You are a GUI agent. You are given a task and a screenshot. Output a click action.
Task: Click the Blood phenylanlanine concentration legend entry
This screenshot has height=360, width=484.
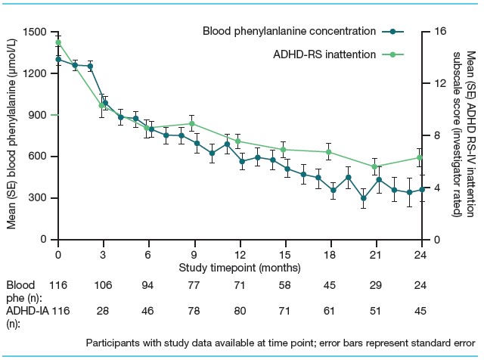(290, 32)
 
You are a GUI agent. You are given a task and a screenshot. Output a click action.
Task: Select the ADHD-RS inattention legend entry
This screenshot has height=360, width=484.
(326, 54)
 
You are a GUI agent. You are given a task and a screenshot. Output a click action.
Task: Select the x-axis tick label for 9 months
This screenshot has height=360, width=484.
(194, 254)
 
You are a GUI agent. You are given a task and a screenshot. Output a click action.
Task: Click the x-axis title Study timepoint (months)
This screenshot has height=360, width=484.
(240, 268)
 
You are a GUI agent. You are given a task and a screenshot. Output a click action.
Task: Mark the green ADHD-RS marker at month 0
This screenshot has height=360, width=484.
(58, 42)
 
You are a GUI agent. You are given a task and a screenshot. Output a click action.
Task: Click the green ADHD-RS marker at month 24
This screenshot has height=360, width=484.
(421, 157)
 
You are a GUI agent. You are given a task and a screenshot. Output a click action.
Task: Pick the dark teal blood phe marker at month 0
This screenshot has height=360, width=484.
(58, 59)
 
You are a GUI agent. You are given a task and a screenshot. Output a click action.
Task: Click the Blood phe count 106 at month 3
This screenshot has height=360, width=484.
(104, 286)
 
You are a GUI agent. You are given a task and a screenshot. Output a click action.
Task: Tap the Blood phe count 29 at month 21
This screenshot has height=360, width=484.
(374, 286)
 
